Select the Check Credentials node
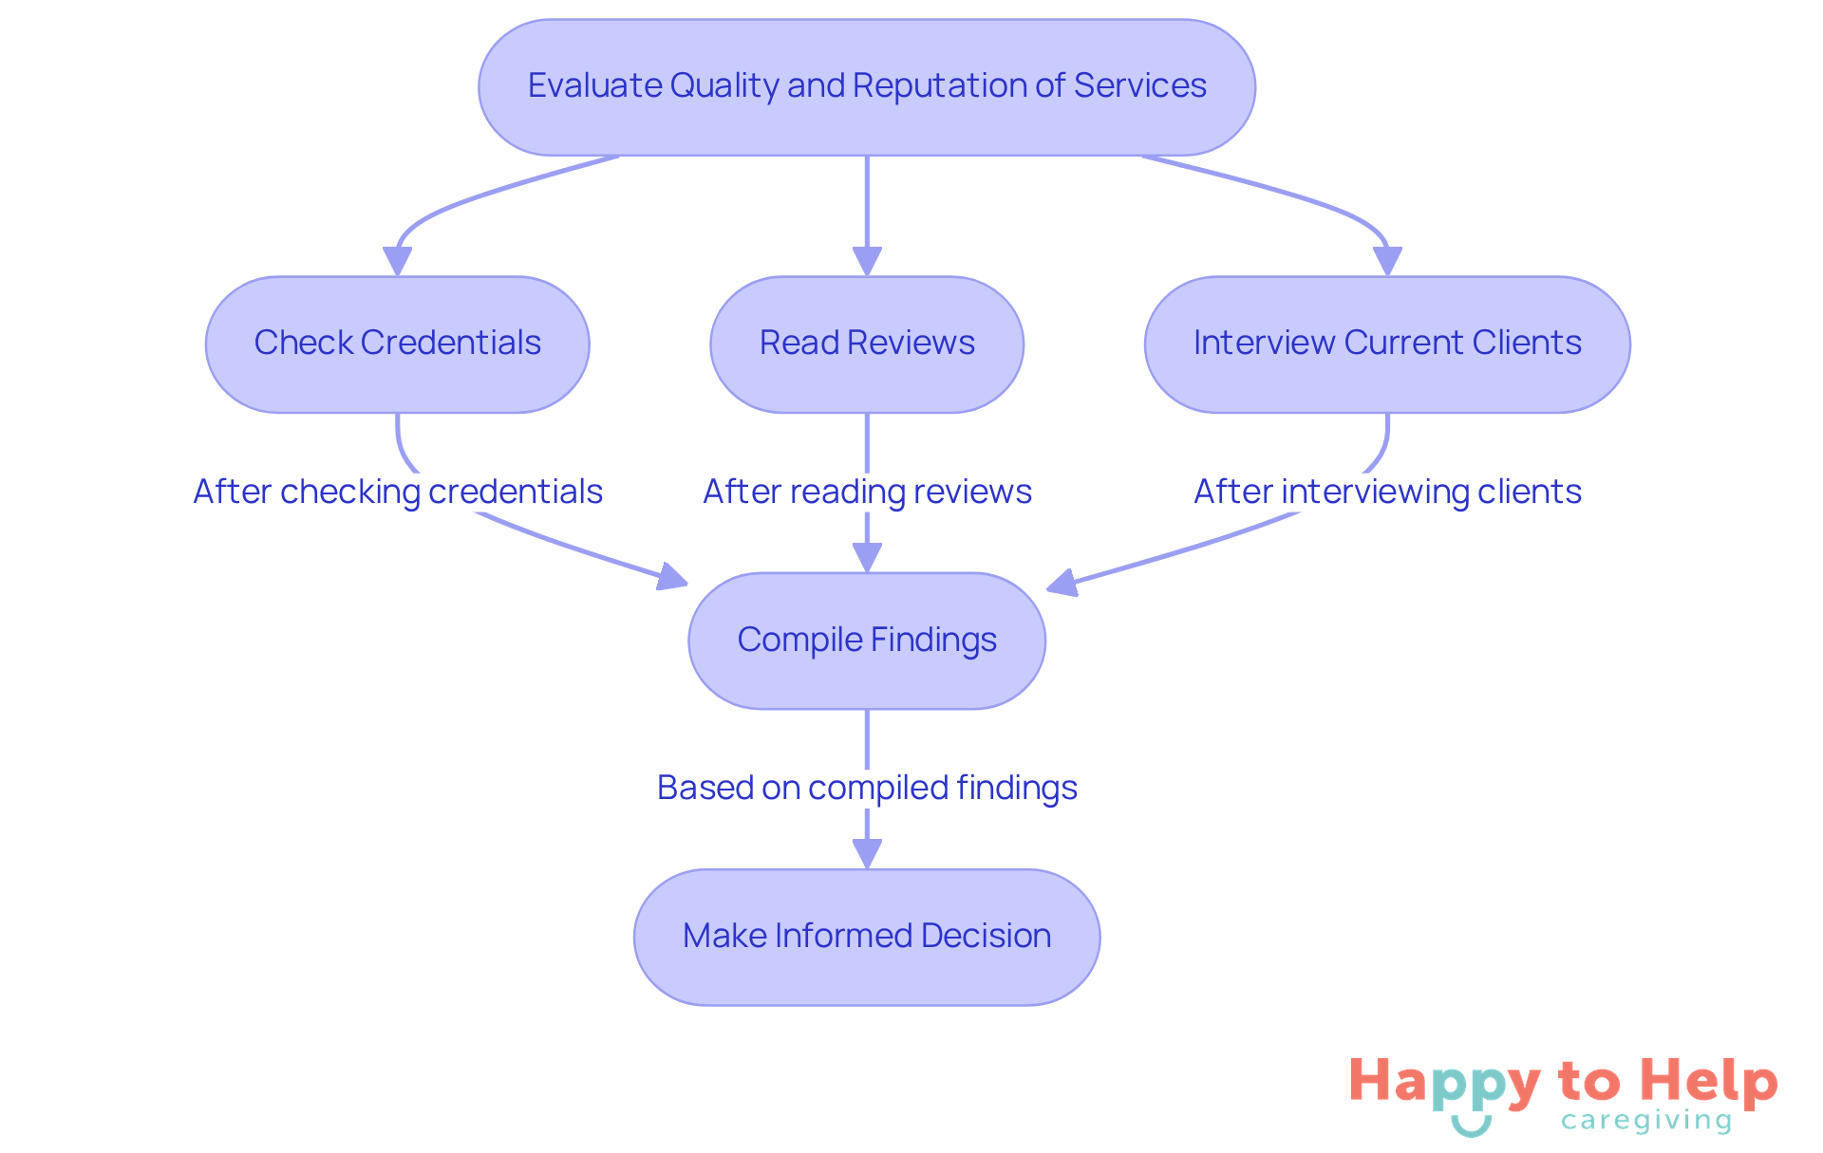(397, 344)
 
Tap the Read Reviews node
(867, 344)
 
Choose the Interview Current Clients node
(1387, 344)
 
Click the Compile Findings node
(867, 641)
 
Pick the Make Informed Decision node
(867, 937)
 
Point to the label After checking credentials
(398, 492)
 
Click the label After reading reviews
(867, 492)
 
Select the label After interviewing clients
(1387, 492)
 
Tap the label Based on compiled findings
(867, 788)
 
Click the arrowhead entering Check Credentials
(397, 261)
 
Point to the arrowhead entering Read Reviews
(867, 261)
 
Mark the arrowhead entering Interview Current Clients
(1387, 261)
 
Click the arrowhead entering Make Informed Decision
(867, 853)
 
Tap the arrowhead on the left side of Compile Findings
(672, 577)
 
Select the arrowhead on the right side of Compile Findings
(1062, 583)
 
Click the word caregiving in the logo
(1646, 1121)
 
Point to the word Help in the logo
(1708, 1082)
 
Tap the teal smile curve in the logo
(1472, 1126)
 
